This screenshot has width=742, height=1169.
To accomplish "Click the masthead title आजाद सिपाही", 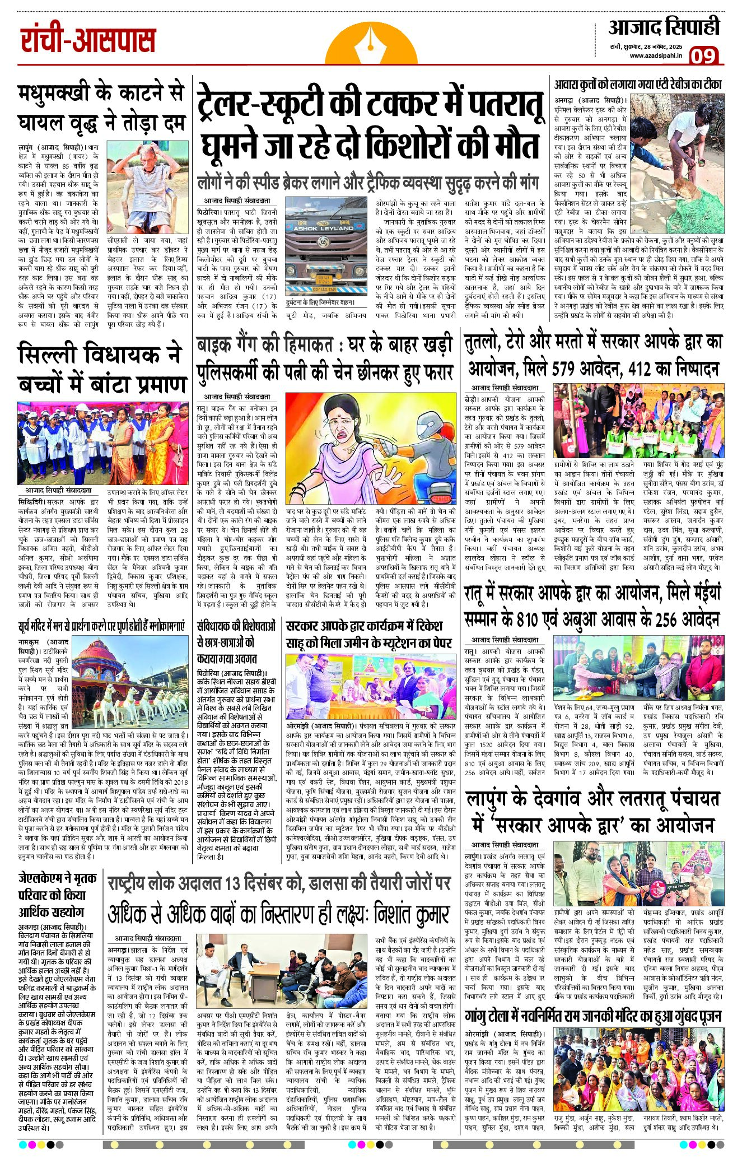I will pyautogui.click(x=664, y=27).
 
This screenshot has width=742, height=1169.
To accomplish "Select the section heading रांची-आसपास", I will pyautogui.click(x=88, y=40).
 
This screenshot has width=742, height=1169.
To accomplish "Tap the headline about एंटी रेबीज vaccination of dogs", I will pyautogui.click(x=638, y=85).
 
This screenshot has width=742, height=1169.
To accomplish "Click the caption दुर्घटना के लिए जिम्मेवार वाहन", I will pyautogui.click(x=319, y=302).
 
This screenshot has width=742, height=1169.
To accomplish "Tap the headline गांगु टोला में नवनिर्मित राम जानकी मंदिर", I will pyautogui.click(x=593, y=1016).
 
